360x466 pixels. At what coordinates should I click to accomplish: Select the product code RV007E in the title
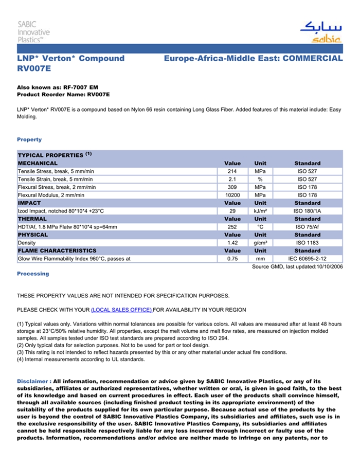click(x=34, y=68)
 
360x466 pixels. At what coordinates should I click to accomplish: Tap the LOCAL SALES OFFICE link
click(x=121, y=310)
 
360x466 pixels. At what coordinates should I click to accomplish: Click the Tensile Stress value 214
click(x=232, y=171)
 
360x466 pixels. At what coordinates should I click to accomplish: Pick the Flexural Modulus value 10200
click(x=232, y=195)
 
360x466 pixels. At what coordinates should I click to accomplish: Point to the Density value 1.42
click(x=232, y=243)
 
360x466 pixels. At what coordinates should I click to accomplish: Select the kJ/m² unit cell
click(x=260, y=211)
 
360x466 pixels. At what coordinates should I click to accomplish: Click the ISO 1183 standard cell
click(x=308, y=243)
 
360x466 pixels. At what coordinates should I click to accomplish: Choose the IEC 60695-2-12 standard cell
click(x=308, y=259)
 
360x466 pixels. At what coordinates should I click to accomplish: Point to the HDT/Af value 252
click(x=232, y=227)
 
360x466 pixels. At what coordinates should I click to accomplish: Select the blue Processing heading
click(x=33, y=274)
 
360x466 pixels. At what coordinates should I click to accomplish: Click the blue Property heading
click(x=29, y=139)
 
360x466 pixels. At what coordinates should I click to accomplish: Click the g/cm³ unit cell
click(x=260, y=243)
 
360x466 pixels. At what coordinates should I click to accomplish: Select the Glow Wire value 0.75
click(x=232, y=259)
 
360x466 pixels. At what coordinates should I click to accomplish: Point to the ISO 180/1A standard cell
click(x=308, y=211)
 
